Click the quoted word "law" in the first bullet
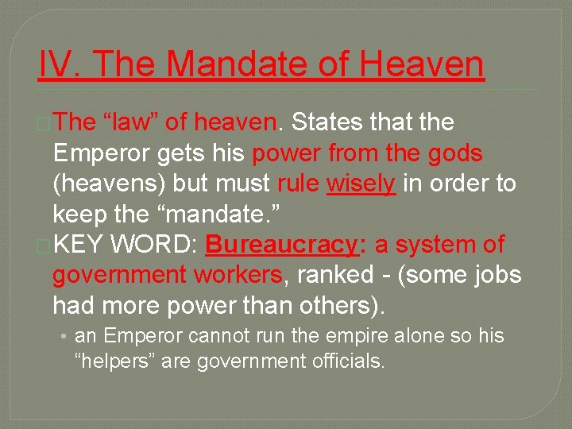tap(131, 123)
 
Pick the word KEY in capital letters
tap(79, 244)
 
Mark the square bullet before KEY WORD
tap(44, 245)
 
